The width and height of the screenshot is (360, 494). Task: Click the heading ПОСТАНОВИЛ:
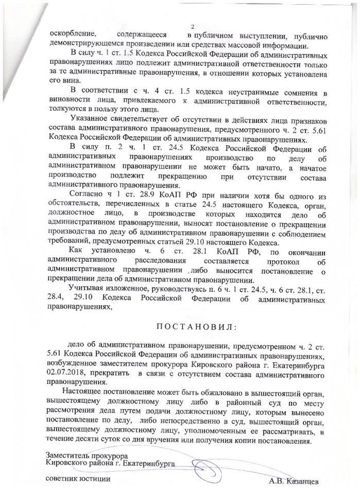click(193, 328)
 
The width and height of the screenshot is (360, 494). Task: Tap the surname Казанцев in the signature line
click(302, 482)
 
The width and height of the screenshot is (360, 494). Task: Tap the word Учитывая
click(88, 290)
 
